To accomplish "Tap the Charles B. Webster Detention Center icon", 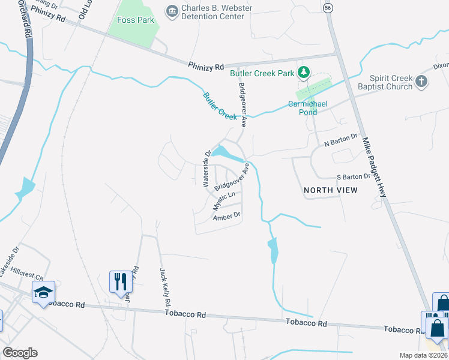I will [172, 10].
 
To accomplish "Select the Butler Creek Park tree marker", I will [304, 73].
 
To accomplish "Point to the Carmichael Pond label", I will [307, 108].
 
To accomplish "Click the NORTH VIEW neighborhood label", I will [330, 190].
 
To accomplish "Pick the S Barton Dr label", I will [353, 177].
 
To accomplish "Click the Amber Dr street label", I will [227, 215].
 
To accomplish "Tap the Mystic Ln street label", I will [223, 200].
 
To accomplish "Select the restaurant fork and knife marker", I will [121, 280].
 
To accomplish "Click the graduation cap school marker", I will [43, 292].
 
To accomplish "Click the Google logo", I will [20, 353].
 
